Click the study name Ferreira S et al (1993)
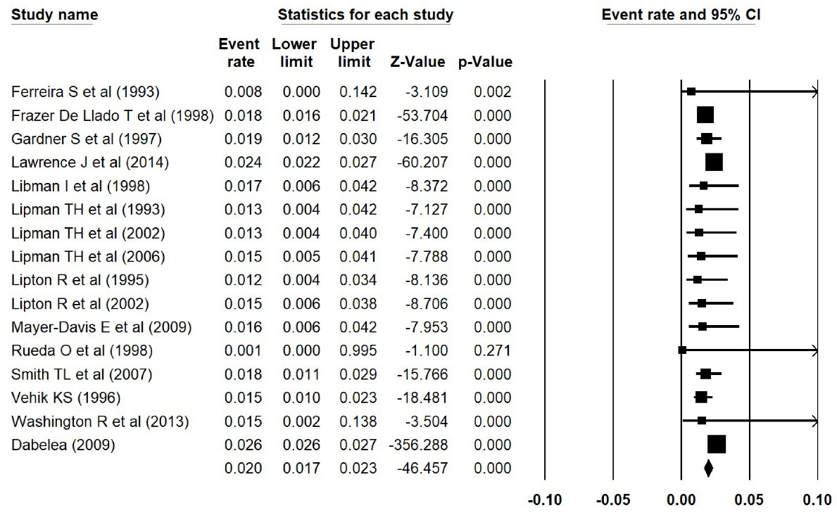click(86, 91)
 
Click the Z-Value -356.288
click(418, 445)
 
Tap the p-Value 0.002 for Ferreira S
click(493, 91)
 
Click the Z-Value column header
click(417, 62)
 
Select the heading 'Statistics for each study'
click(365, 15)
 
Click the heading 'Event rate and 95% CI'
click(678, 15)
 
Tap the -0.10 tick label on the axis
click(545, 500)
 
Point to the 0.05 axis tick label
click(749, 500)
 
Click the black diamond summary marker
click(708, 467)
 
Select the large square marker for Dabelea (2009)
click(716, 445)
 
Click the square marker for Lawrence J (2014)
click(714, 163)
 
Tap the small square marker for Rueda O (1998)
click(682, 350)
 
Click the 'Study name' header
click(55, 15)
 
